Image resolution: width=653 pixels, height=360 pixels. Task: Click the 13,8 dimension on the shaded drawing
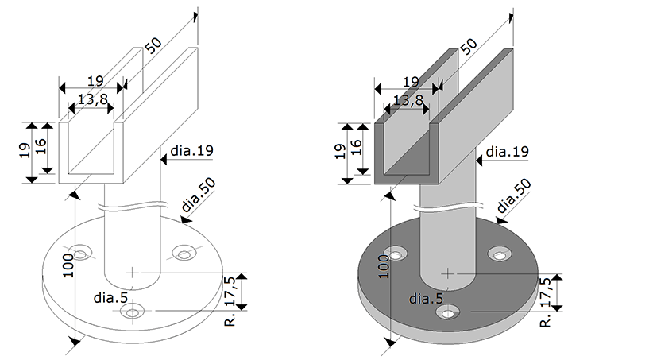407,101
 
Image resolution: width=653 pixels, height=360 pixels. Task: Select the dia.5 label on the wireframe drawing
110,299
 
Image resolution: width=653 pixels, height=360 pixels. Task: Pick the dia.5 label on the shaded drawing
427,299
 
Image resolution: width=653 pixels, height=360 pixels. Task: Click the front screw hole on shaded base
450,313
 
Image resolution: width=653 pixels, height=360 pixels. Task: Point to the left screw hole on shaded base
392,255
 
